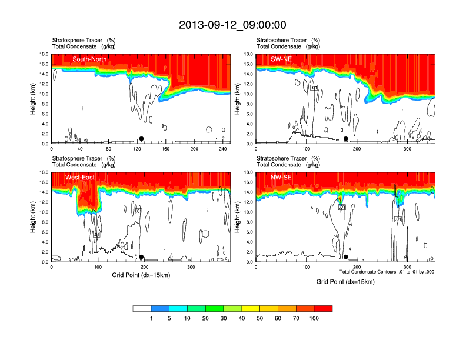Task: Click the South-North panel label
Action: (x=89, y=59)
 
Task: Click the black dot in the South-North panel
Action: (x=141, y=139)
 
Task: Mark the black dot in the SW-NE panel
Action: (x=346, y=139)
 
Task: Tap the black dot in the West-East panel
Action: (x=141, y=257)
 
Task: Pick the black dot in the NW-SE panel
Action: (x=346, y=257)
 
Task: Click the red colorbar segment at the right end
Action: (x=323, y=308)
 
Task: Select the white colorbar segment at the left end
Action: (x=142, y=308)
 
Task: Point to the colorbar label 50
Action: (x=260, y=318)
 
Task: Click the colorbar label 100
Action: (x=314, y=318)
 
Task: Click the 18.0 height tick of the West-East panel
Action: (x=42, y=172)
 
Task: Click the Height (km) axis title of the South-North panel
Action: (x=34, y=99)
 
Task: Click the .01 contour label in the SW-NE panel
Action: (x=314, y=88)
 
